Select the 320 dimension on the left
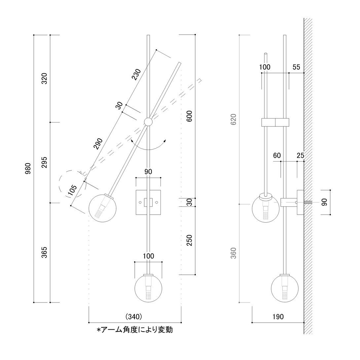(x=44, y=78)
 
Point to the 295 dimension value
(x=44, y=162)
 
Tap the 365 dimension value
(x=44, y=252)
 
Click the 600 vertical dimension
(x=189, y=116)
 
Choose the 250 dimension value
(x=189, y=240)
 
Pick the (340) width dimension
(x=134, y=316)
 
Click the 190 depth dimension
(x=278, y=317)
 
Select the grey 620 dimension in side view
(x=234, y=119)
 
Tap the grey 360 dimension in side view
(x=234, y=253)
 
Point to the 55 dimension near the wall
(x=296, y=67)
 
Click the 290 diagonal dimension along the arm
(x=98, y=144)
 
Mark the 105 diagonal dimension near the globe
(x=73, y=190)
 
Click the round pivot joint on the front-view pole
(x=148, y=122)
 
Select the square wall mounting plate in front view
(x=148, y=202)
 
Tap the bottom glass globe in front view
(x=148, y=288)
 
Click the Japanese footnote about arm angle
(x=134, y=330)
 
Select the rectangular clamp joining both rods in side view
(x=275, y=122)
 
